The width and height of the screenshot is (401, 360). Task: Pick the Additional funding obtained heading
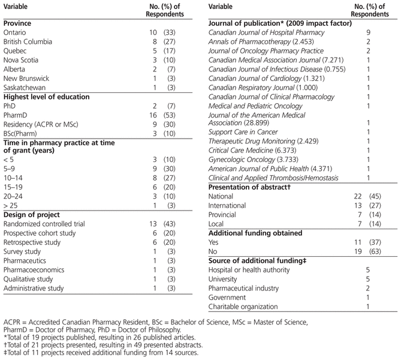point(255,235)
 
